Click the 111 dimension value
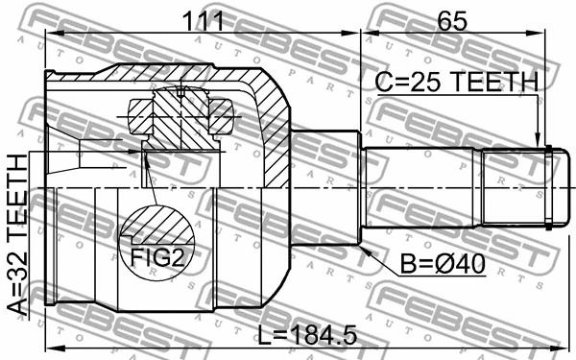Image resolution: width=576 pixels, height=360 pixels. (203, 21)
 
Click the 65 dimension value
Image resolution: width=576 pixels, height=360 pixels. (452, 21)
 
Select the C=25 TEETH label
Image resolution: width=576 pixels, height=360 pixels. (457, 82)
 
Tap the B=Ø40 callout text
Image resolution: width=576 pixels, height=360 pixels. (443, 264)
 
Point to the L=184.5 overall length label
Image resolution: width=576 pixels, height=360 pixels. (307, 335)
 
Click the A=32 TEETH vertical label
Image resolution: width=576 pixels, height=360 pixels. (17, 235)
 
